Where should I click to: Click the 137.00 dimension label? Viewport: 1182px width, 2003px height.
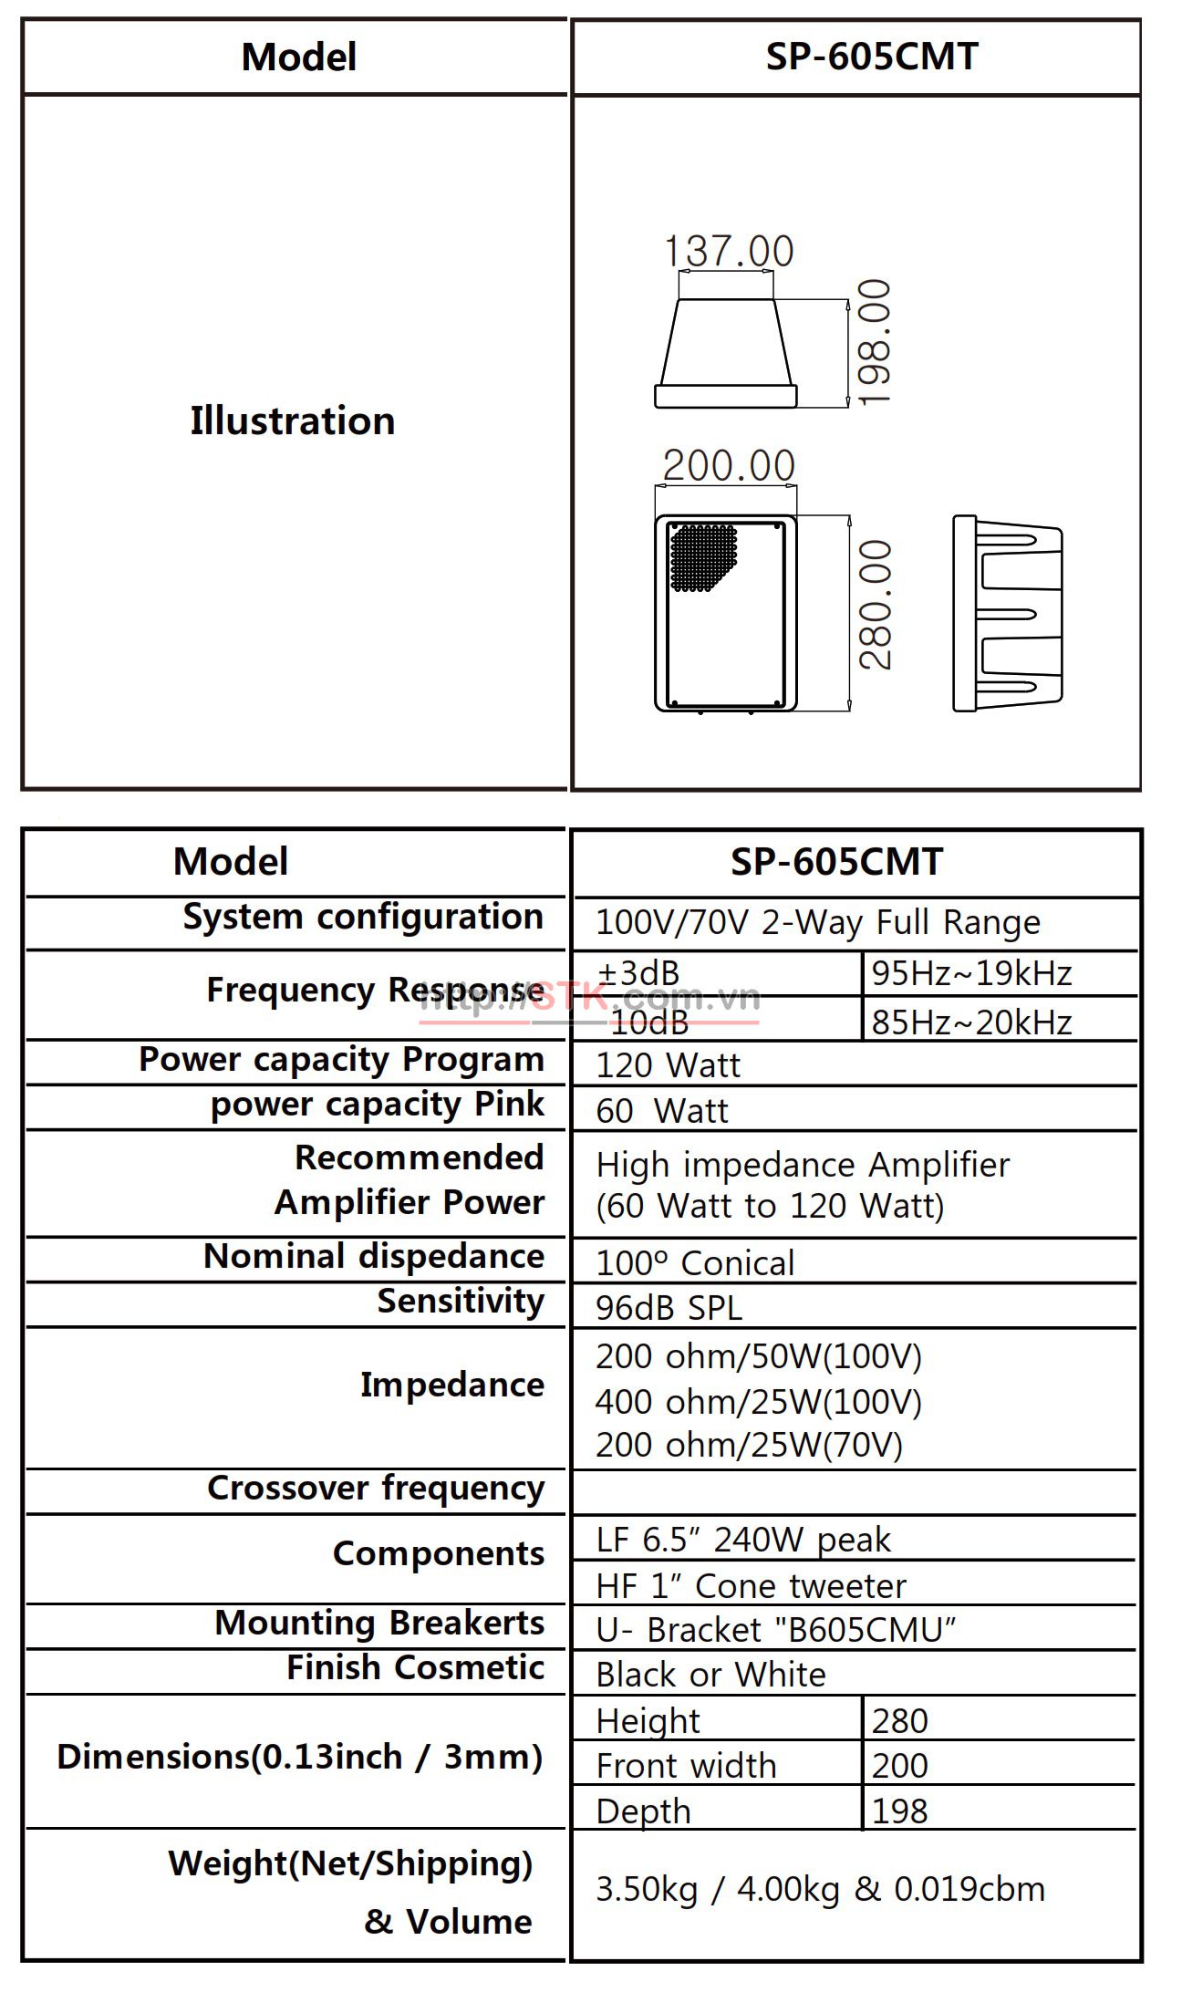(x=728, y=251)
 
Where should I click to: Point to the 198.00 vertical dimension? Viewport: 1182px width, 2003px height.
(x=874, y=342)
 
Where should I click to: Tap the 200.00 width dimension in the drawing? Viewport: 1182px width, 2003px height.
(x=729, y=465)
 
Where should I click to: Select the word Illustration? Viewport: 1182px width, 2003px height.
(x=293, y=421)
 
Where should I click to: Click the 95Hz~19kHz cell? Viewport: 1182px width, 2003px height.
(x=971, y=974)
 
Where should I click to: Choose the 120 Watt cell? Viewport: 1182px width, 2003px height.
(x=668, y=1065)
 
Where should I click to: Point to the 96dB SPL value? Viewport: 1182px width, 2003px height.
(x=669, y=1308)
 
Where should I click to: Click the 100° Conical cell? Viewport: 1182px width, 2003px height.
(x=695, y=1263)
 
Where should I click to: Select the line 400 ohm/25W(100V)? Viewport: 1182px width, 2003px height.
(x=759, y=1401)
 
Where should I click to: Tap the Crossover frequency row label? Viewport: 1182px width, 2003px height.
(x=375, y=1488)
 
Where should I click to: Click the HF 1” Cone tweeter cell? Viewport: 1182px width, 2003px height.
(x=751, y=1586)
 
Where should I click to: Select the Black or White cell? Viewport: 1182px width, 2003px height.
(x=710, y=1675)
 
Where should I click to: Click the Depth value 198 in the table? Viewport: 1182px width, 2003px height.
(x=899, y=1811)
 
